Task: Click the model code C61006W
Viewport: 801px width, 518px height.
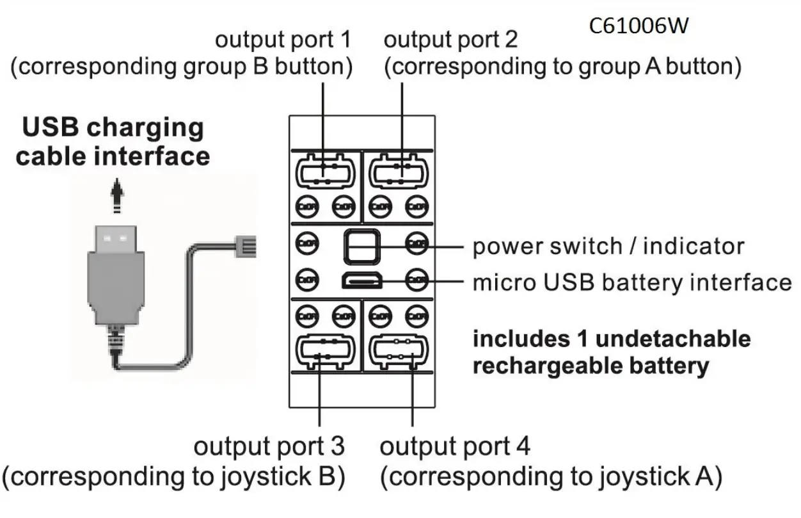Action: (639, 27)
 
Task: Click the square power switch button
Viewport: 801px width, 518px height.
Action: (362, 246)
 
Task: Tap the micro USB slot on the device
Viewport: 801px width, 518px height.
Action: (362, 280)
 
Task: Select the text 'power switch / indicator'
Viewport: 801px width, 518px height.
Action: (608, 247)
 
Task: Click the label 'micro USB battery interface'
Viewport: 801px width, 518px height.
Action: (631, 282)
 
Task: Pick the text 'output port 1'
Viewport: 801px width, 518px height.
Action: (283, 40)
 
